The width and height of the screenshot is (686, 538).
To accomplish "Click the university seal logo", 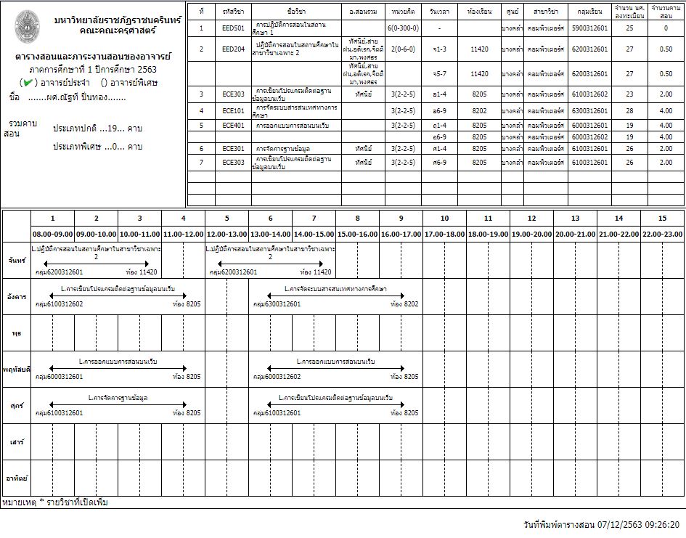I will (x=28, y=27).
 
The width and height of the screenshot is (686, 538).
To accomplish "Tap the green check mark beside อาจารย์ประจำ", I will (x=28, y=83).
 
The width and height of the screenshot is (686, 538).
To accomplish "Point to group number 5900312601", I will (x=589, y=28).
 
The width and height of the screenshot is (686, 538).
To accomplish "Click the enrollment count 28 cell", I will (x=629, y=110).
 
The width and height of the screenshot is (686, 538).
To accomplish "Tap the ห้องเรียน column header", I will (x=481, y=12).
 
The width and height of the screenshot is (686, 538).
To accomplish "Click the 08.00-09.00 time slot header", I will (x=52, y=235).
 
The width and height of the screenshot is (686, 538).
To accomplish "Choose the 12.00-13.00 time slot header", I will (x=226, y=235).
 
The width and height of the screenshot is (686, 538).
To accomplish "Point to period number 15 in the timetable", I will (x=662, y=218).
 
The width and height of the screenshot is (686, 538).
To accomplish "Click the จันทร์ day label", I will (x=16, y=260).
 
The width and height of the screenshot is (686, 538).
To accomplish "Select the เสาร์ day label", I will (x=16, y=441).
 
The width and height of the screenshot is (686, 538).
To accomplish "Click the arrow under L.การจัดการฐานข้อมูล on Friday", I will (x=118, y=405).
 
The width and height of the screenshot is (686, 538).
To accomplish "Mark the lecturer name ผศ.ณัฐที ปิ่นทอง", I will (x=76, y=97).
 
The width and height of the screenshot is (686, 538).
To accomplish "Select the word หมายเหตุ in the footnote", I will (x=18, y=502).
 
